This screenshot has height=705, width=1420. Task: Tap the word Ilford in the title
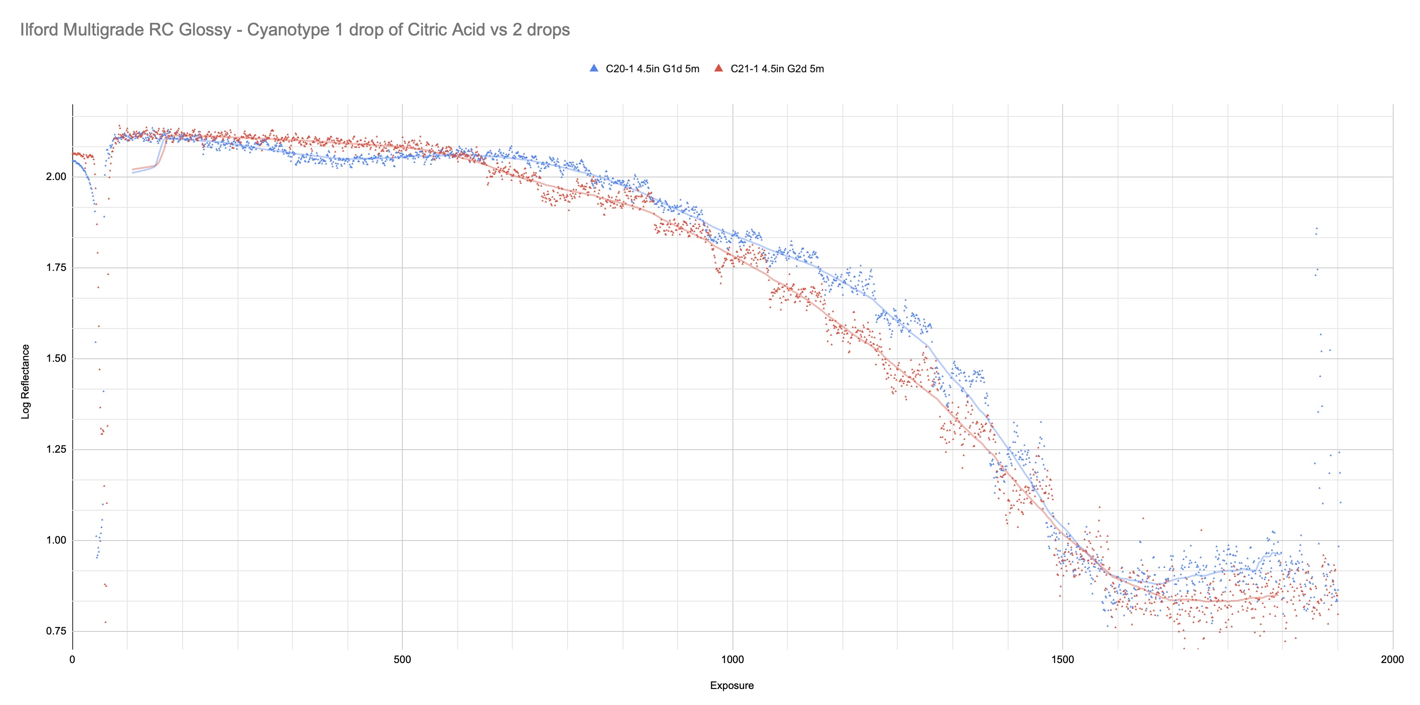[x=39, y=30]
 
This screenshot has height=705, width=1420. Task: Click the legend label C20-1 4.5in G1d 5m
[x=652, y=69]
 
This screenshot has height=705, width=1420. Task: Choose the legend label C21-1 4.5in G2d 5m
[x=777, y=69]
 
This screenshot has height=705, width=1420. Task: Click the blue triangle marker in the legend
[x=594, y=68]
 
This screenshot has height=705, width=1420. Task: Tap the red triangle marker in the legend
[x=718, y=68]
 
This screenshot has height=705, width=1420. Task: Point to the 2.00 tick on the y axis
[x=56, y=177]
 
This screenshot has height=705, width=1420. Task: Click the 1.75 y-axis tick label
[x=56, y=268]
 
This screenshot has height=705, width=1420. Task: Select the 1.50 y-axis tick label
[x=56, y=359]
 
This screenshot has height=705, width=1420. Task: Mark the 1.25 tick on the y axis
[x=56, y=449]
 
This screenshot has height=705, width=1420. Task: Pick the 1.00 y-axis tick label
[x=56, y=540]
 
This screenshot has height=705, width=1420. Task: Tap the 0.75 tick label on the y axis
[x=56, y=631]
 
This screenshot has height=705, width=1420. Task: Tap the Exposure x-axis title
[x=732, y=686]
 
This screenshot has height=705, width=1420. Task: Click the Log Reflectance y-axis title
[x=26, y=381]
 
